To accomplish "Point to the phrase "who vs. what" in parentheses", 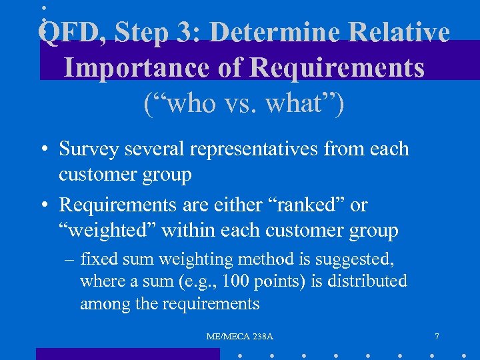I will tap(243, 104).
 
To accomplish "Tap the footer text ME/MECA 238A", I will tap(239, 337).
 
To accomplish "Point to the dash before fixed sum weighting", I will tap(69, 259).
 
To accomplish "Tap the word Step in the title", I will tap(141, 33).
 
